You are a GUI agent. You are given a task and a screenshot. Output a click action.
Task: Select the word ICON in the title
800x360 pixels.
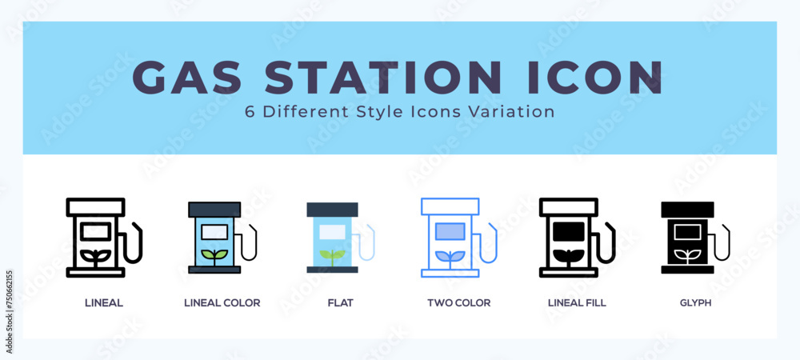(594, 78)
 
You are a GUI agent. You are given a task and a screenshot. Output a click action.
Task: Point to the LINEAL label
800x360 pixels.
(103, 303)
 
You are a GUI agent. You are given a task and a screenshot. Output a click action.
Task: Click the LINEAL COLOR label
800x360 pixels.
(222, 303)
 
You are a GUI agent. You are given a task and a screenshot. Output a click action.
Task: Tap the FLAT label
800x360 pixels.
(340, 303)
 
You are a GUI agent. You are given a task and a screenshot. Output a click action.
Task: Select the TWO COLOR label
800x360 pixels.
(458, 303)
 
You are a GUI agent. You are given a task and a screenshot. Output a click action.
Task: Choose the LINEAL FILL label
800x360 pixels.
(577, 303)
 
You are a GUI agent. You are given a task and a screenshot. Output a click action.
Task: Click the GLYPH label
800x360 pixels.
(695, 303)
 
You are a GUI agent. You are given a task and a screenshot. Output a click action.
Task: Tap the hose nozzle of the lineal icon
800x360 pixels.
(134, 242)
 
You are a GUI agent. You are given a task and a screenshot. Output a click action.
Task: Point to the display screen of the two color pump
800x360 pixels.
(450, 231)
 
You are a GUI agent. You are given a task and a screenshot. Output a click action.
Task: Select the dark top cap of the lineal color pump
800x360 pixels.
(214, 209)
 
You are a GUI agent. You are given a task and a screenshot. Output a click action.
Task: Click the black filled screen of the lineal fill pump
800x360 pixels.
(568, 231)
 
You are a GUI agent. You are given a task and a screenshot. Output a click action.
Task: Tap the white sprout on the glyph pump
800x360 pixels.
(687, 257)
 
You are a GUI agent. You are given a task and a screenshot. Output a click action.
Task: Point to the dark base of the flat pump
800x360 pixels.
(332, 270)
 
